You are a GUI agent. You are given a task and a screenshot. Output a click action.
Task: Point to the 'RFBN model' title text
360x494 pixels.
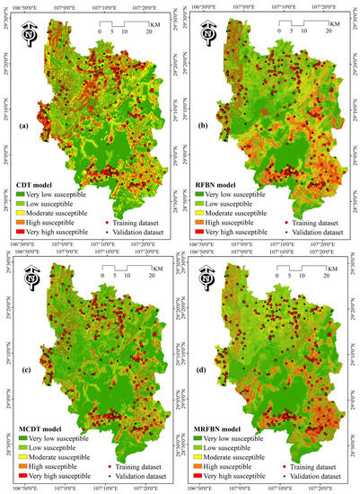click(x=223, y=184)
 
